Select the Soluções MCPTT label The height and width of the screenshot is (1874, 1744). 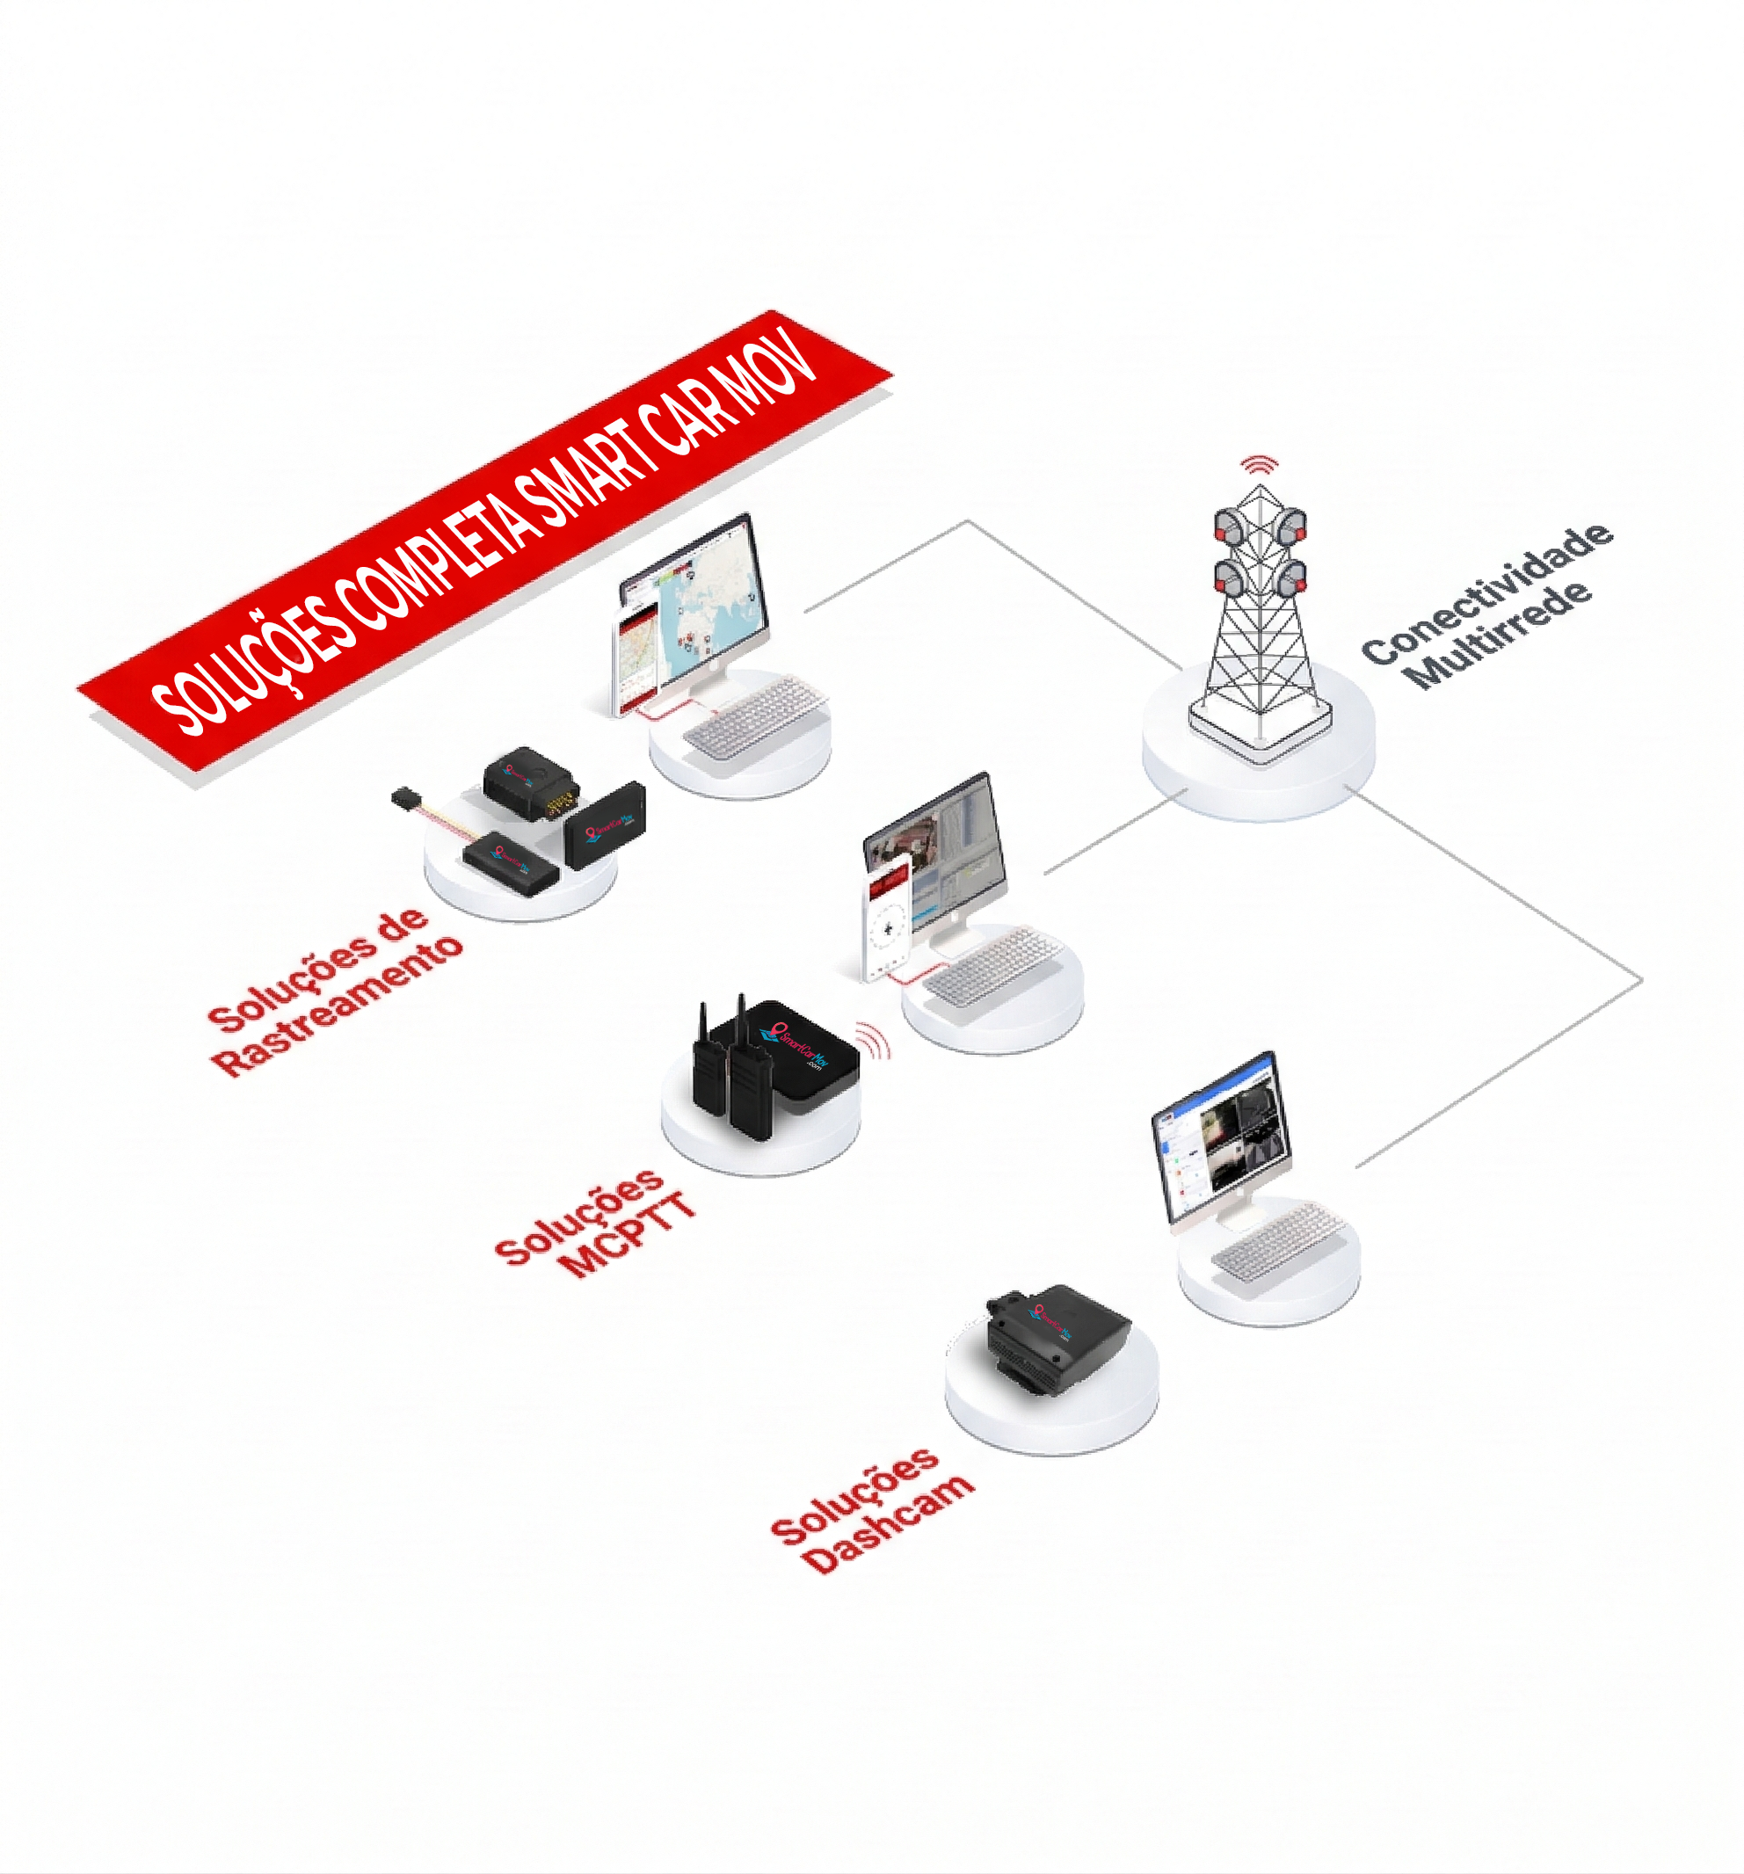595,1225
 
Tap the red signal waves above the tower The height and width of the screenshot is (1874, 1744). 1260,464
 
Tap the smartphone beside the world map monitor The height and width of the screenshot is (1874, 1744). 636,660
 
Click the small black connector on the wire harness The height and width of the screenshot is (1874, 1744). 403,797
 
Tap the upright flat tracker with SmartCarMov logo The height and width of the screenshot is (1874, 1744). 606,825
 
